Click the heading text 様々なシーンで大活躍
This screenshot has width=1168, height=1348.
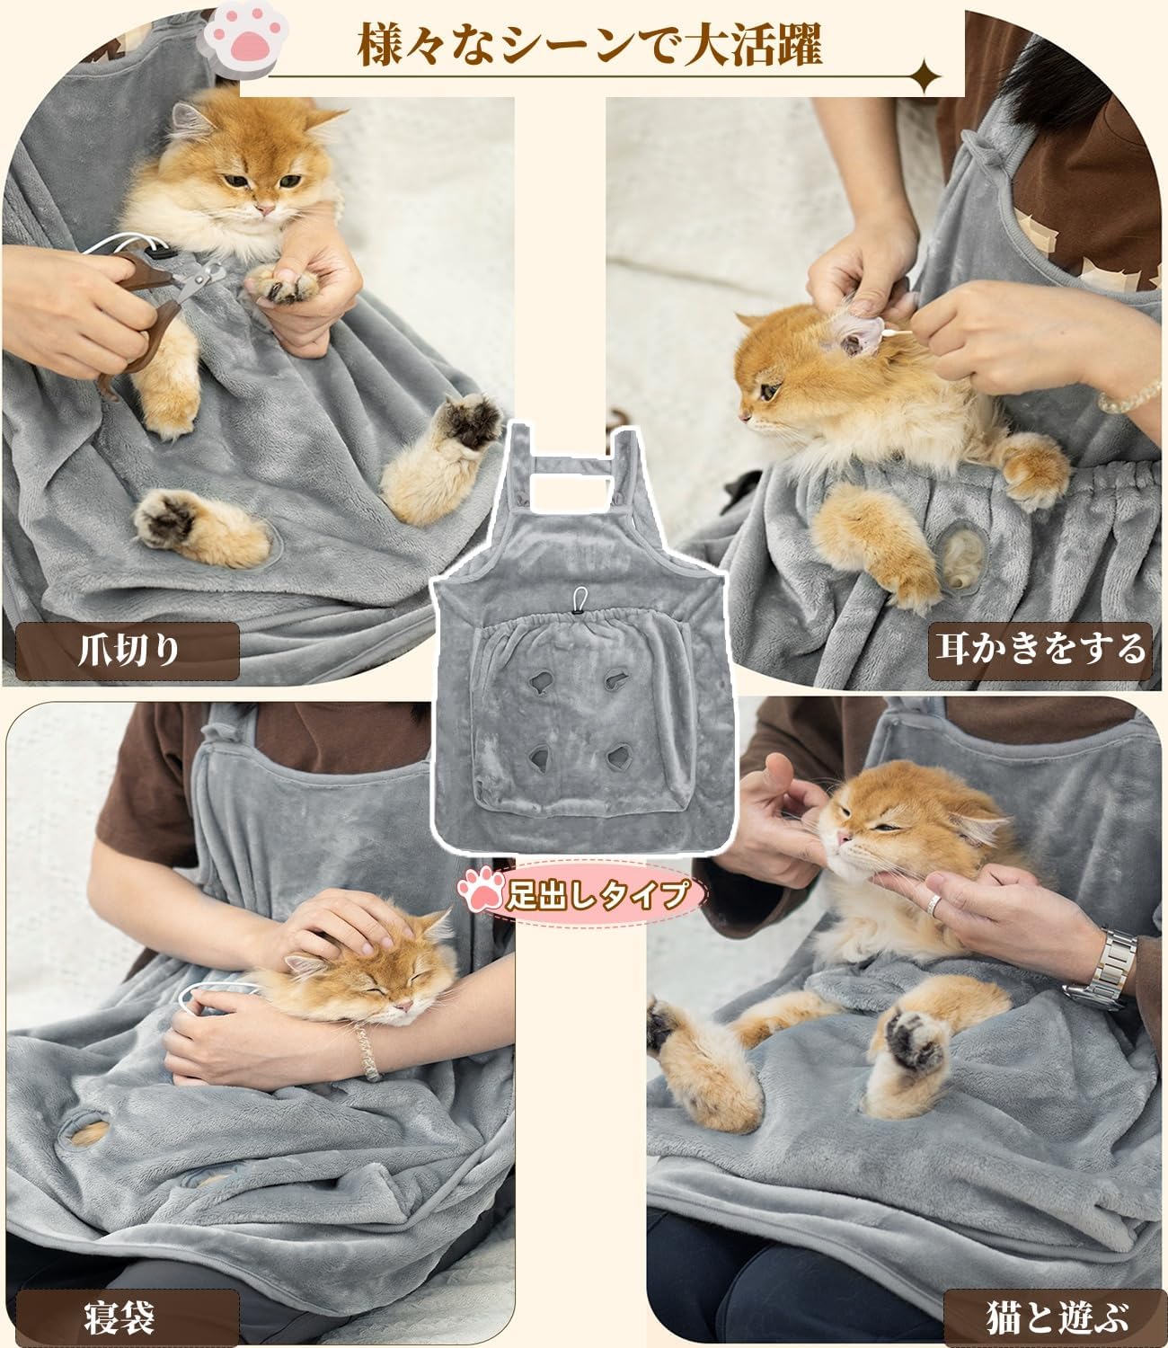(x=589, y=45)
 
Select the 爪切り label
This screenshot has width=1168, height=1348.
(x=128, y=651)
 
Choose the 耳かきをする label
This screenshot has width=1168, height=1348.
(x=1040, y=652)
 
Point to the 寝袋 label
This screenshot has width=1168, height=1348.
(x=119, y=1317)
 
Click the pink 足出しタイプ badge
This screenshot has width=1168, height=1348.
(x=580, y=894)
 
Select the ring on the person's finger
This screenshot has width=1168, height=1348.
(x=934, y=905)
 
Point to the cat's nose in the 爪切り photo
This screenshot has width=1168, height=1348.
(x=265, y=209)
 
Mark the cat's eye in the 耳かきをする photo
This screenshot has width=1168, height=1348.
(x=769, y=392)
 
